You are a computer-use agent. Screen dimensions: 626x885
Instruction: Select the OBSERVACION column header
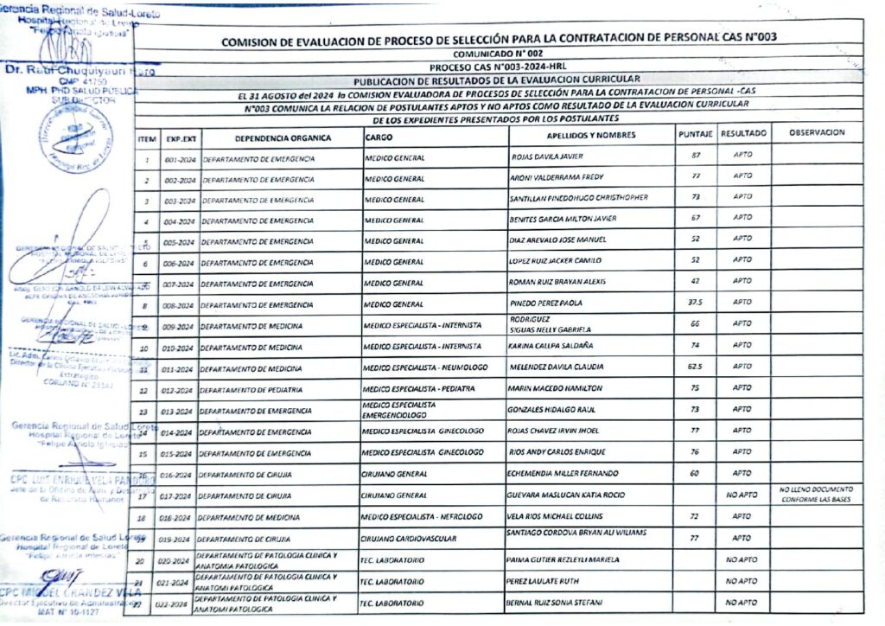(816, 133)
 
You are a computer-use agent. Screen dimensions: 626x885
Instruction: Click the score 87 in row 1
(694, 155)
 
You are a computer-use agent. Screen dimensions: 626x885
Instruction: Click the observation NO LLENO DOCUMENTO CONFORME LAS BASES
(817, 495)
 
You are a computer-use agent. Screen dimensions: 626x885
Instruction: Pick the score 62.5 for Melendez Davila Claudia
(693, 367)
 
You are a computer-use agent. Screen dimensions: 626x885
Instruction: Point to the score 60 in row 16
(693, 473)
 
